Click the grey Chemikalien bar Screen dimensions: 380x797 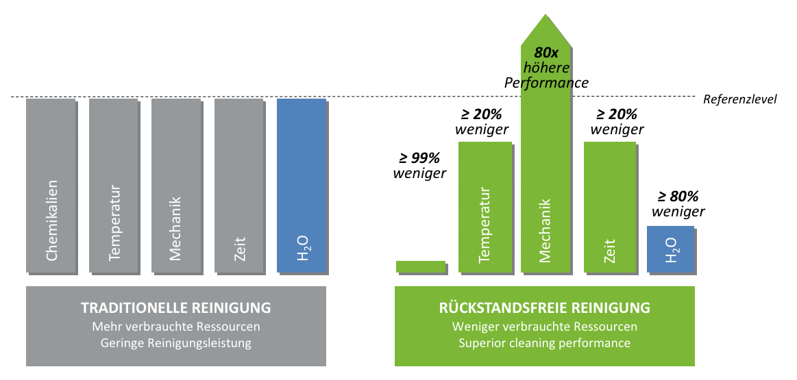(51, 185)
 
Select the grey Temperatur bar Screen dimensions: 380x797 (114, 185)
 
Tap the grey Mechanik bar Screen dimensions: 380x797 (177, 185)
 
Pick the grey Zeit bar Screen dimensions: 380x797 (240, 185)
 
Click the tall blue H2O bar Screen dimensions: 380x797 (302, 185)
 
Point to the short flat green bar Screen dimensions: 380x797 (421, 266)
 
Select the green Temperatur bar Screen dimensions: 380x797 (485, 206)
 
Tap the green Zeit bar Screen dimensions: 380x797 (610, 206)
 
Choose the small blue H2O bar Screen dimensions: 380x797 (671, 249)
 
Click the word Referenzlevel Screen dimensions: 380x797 (740, 99)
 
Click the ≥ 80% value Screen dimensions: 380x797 (678, 197)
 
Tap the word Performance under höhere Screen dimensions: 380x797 (546, 84)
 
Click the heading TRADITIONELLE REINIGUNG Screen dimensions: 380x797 (176, 307)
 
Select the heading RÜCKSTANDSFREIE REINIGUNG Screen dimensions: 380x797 (545, 307)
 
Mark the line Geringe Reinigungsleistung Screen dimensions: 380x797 (176, 343)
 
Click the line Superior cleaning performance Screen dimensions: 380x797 (545, 343)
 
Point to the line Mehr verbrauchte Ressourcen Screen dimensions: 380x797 (176, 327)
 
